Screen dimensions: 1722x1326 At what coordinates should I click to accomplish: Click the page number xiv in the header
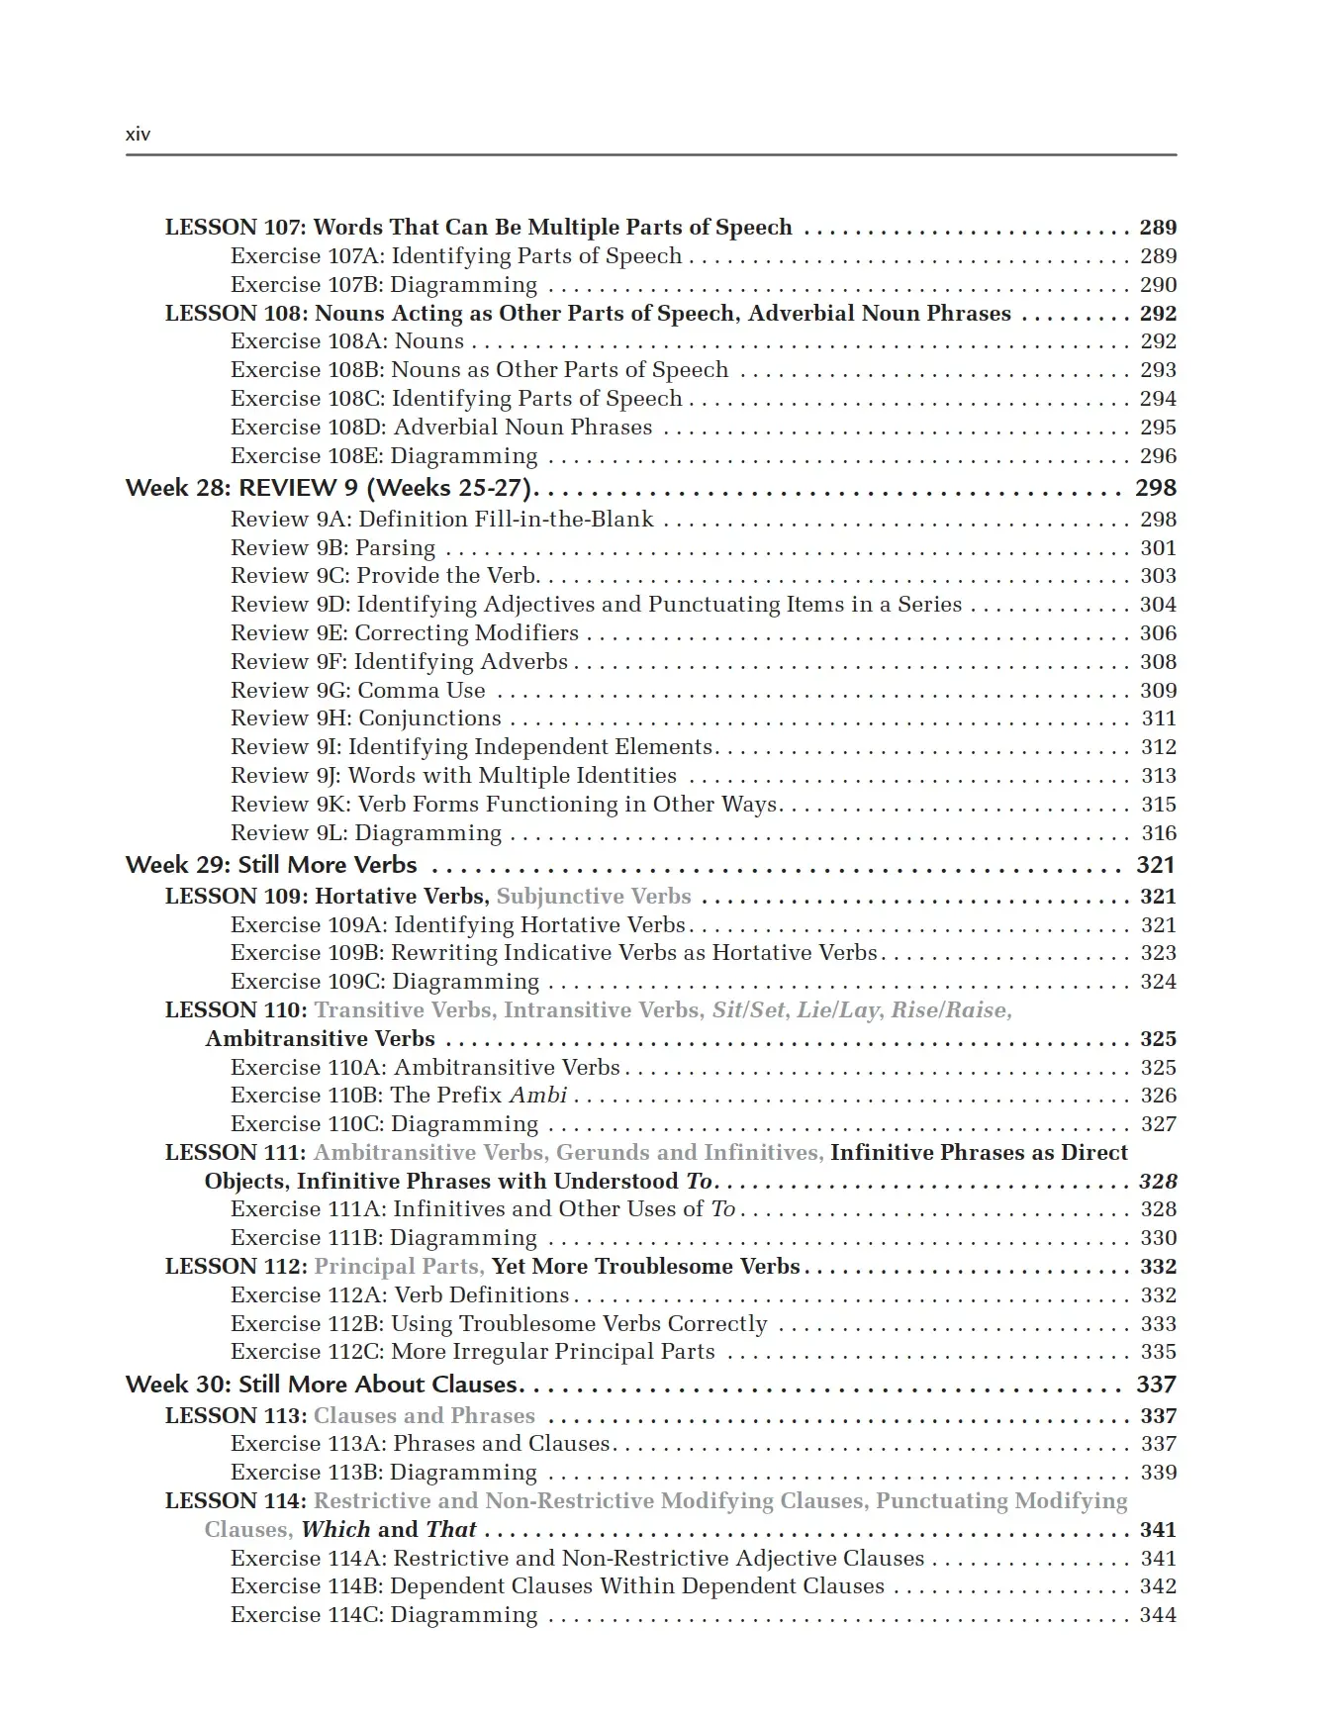138,135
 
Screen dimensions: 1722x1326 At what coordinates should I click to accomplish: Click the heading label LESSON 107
236,228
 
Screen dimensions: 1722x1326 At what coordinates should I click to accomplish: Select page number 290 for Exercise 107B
1158,285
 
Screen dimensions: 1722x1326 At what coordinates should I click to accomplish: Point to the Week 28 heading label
179,488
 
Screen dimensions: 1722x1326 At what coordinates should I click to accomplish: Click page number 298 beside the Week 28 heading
1155,488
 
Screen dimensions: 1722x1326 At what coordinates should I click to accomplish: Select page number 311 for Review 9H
1159,718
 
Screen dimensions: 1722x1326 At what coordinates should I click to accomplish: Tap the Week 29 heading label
178,865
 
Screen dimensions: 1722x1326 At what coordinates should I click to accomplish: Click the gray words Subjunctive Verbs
594,897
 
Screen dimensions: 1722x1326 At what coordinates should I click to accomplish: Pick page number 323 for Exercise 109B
1158,953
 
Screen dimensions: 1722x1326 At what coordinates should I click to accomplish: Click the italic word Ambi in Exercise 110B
538,1096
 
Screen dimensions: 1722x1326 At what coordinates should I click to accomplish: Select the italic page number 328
1158,1182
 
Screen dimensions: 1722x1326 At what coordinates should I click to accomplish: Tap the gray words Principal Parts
399,1267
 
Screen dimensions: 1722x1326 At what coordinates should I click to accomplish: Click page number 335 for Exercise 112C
1158,1352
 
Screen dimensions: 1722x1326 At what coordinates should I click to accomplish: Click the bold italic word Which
335,1530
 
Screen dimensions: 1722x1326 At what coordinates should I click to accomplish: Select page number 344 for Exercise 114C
1158,1615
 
